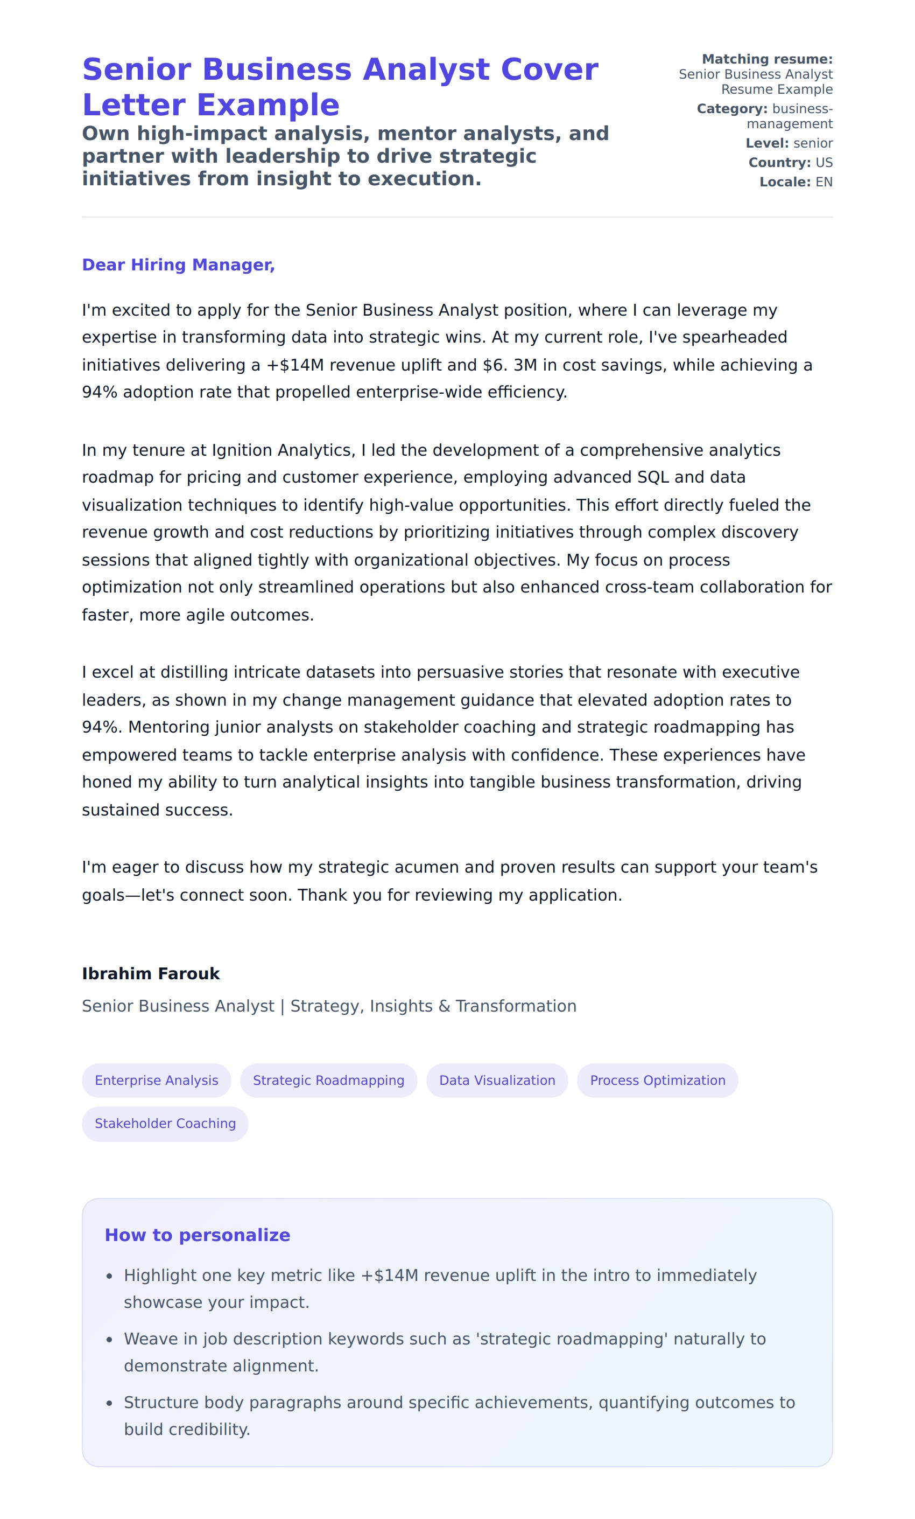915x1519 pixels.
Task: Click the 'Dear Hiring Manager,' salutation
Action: (x=178, y=264)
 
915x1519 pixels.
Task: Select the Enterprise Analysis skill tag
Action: (x=157, y=1080)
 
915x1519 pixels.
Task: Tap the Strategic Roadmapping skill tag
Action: (x=328, y=1080)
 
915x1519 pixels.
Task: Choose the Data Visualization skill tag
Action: (x=497, y=1080)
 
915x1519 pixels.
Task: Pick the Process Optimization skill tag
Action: (x=657, y=1080)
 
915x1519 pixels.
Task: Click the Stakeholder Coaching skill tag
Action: (x=165, y=1123)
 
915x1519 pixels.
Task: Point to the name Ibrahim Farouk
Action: (x=151, y=973)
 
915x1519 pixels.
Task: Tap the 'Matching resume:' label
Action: (x=767, y=59)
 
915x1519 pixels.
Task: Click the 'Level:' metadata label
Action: (x=767, y=143)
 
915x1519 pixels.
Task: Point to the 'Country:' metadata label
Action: (x=779, y=162)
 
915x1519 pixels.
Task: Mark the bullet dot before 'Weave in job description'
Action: (x=110, y=1340)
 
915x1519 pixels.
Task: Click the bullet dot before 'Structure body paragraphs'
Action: (x=110, y=1403)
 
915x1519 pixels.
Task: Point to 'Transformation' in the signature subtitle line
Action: (x=516, y=1006)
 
